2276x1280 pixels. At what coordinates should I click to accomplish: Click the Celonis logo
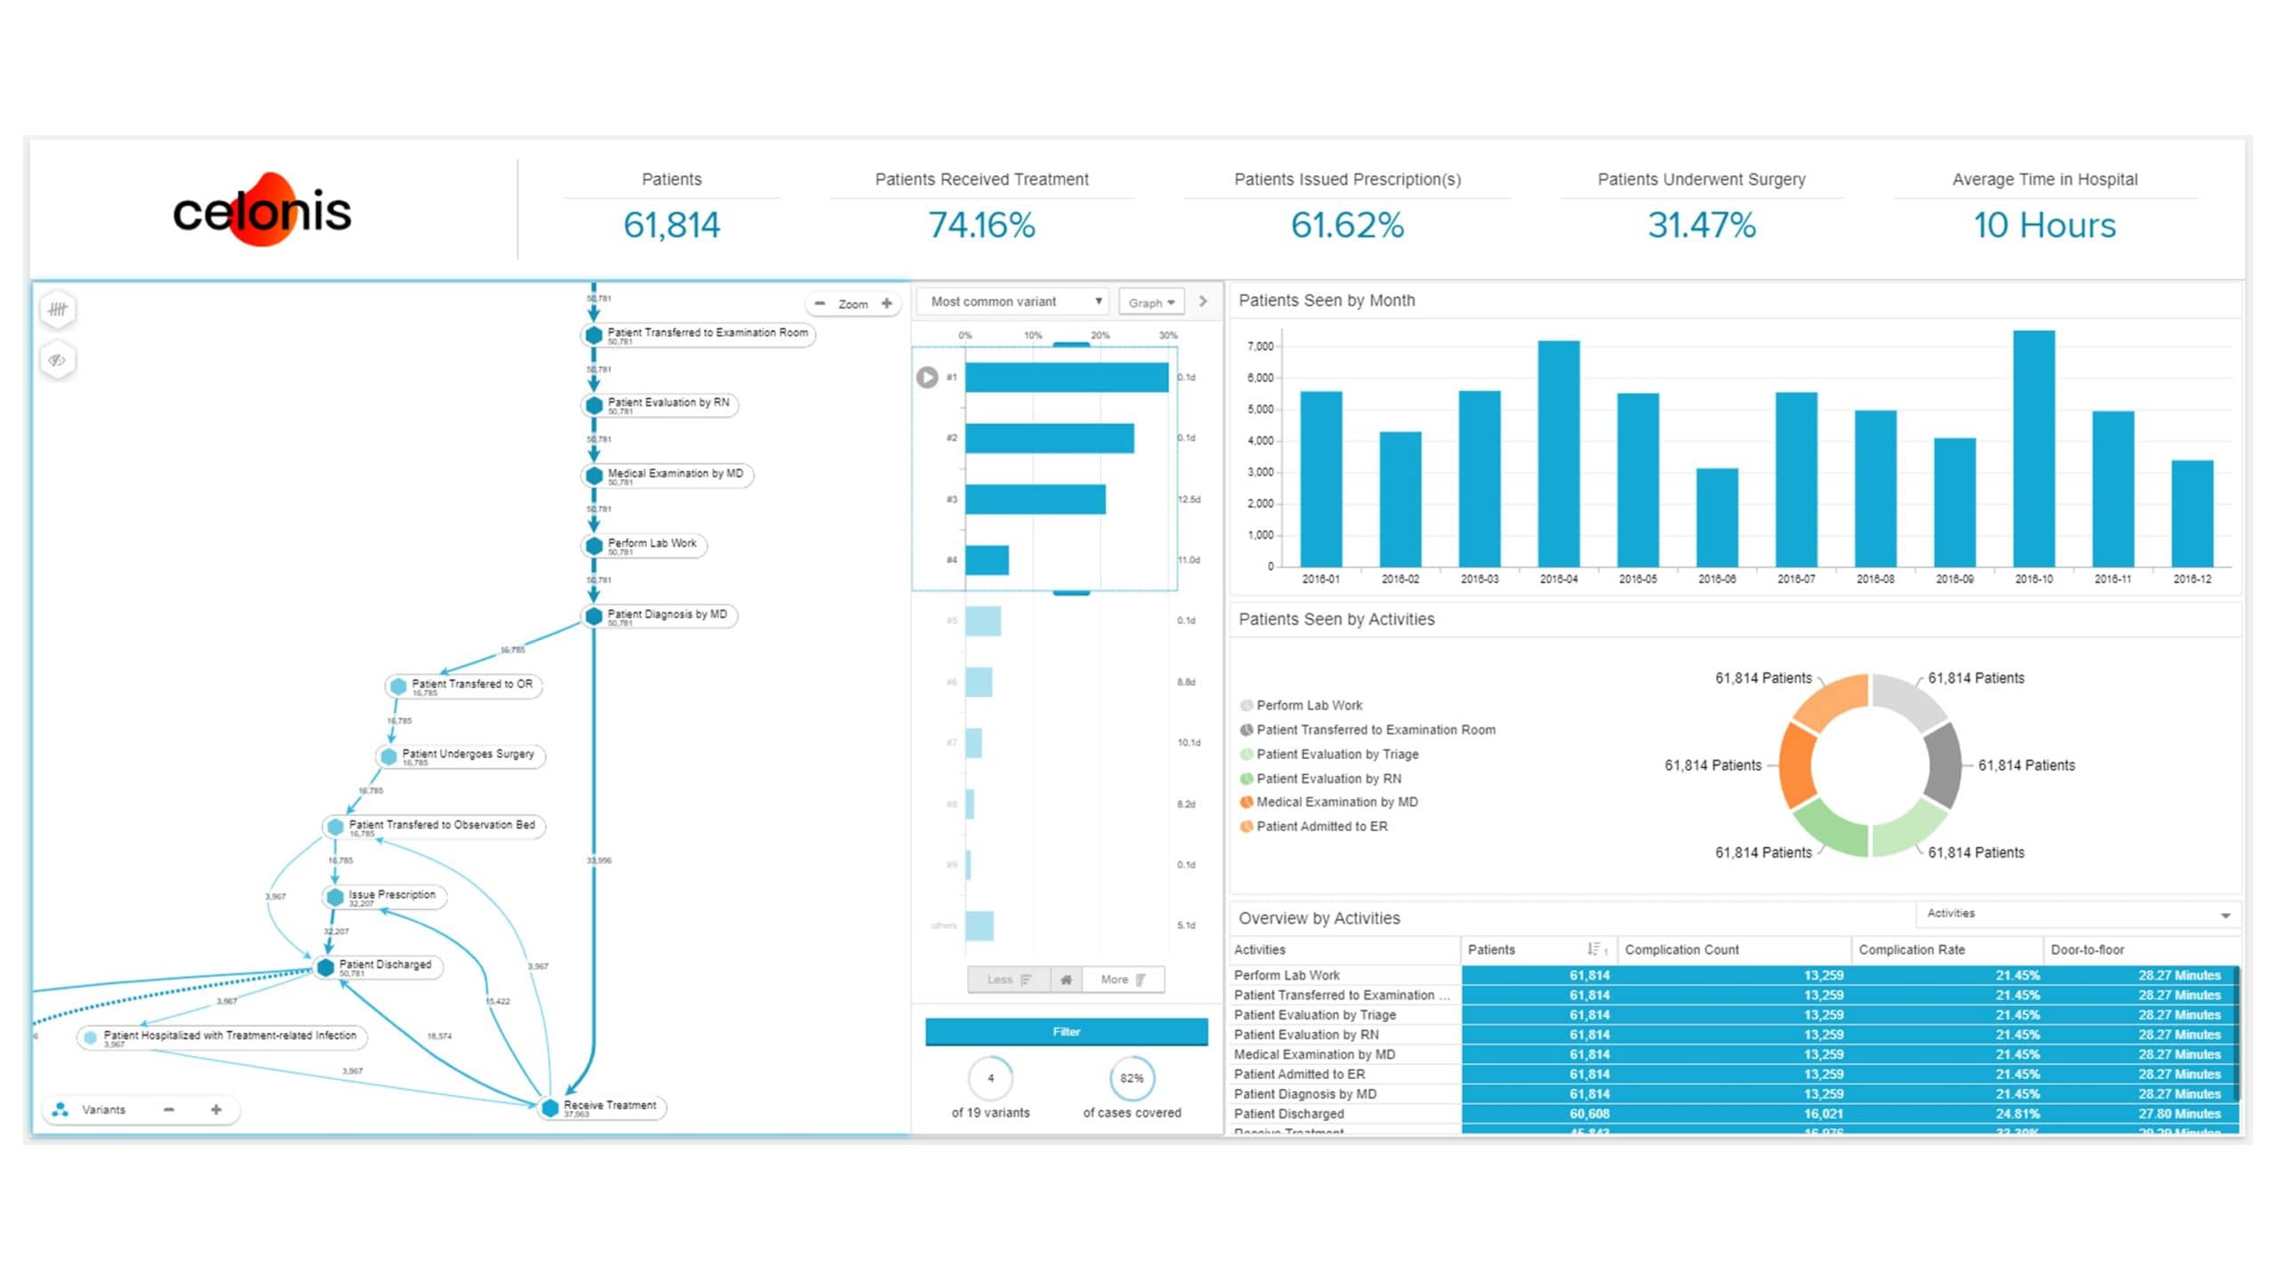262,211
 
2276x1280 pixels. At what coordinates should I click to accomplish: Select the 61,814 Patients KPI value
671,225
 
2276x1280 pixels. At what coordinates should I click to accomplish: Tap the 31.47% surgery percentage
1701,225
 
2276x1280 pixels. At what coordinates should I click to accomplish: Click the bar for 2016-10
2033,449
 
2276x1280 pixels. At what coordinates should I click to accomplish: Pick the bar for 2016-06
1717,517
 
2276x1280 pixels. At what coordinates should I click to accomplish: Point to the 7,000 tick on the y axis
1260,347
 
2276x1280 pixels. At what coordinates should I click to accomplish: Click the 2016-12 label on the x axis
2192,579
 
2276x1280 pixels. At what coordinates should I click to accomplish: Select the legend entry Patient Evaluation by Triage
1337,754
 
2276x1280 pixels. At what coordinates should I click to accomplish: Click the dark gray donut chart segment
1943,764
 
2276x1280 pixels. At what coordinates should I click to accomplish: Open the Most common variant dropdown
1015,302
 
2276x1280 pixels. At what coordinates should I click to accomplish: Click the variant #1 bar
1066,378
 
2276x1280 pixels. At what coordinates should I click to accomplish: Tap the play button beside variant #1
927,378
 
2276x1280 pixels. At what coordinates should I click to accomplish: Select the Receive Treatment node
609,1106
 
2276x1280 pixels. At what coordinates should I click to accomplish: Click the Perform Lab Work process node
652,544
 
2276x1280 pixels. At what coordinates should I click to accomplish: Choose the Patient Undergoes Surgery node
468,755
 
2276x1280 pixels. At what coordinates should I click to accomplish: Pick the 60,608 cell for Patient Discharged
1589,1114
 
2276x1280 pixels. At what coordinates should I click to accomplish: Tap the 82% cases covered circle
1132,1078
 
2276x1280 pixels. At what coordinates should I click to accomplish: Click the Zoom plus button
886,304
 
